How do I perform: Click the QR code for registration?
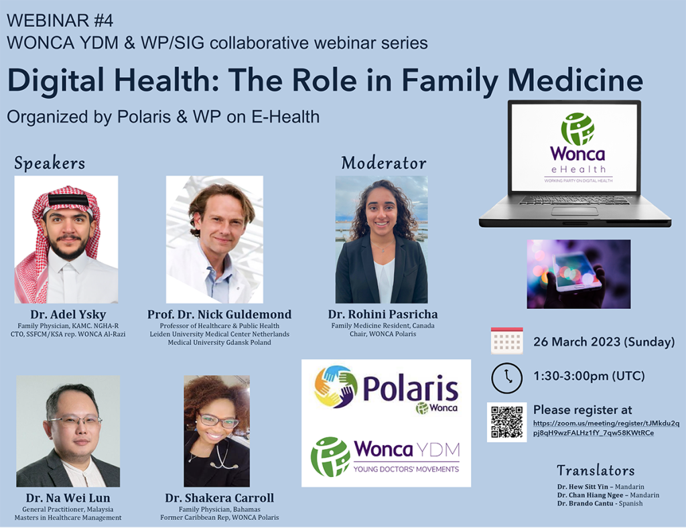point(506,421)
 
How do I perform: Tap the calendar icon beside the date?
point(506,341)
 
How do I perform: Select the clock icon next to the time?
point(506,377)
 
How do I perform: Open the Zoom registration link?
point(606,427)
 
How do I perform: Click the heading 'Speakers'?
point(50,163)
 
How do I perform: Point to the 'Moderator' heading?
point(384,163)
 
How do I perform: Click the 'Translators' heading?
point(596,470)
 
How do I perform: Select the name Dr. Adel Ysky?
point(68,314)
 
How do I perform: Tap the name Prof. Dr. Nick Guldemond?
point(219,314)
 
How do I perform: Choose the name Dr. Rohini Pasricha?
point(383,314)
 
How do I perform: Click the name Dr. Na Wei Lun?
point(68,498)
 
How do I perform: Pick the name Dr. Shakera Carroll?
point(219,498)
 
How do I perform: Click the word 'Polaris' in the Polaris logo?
point(410,389)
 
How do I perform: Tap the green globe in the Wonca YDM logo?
point(330,457)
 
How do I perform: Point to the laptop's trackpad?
point(574,211)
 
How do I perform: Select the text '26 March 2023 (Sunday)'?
point(604,342)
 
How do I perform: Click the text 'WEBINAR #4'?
point(60,21)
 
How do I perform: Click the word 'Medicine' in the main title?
point(575,80)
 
